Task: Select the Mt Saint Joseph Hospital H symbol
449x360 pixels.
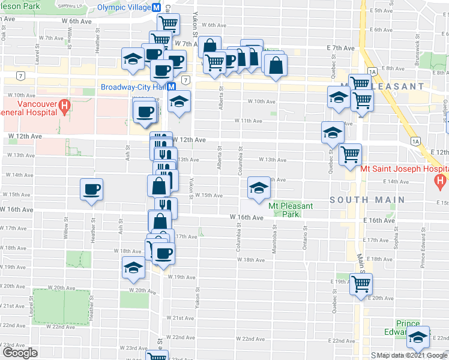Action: point(441,180)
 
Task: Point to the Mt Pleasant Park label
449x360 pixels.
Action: point(291,210)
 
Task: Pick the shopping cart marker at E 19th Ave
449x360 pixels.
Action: point(361,283)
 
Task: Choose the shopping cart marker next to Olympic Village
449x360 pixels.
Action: point(169,24)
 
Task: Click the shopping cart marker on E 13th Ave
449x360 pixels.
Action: point(350,154)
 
